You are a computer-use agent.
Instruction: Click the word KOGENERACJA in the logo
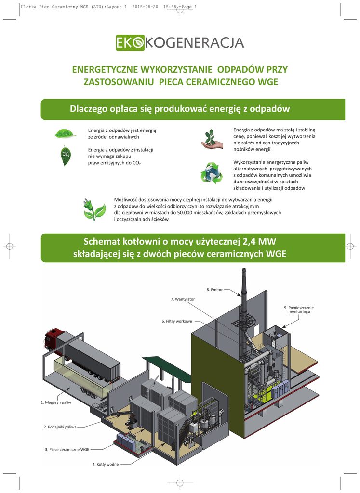coord(194,43)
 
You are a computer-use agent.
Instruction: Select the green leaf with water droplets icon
coord(65,133)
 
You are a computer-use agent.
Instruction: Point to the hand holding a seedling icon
coord(211,139)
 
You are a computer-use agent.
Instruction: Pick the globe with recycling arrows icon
coord(212,173)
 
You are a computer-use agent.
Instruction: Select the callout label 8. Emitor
coord(214,290)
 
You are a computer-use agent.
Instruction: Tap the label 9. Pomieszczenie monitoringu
coord(299,310)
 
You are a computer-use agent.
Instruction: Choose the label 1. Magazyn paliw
coord(56,402)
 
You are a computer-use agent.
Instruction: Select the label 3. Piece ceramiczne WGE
coord(67,449)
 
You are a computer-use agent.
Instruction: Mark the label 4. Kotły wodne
coord(105,464)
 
